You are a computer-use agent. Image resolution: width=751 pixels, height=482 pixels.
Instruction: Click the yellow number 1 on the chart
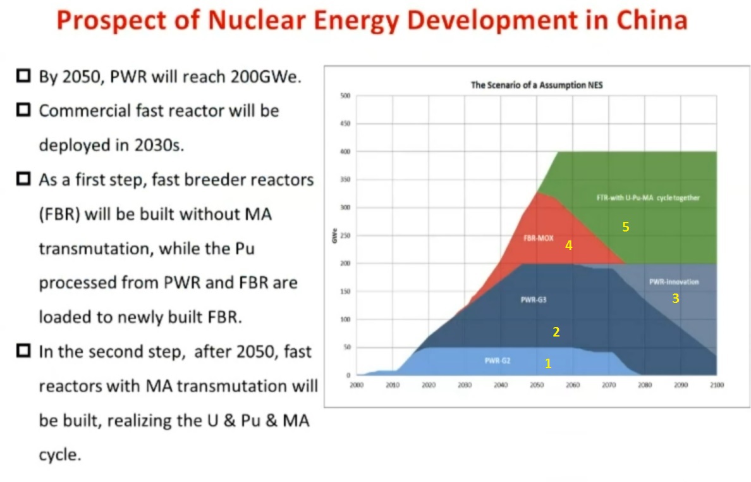tap(548, 364)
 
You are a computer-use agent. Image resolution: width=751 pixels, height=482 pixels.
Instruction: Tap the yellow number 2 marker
tap(556, 331)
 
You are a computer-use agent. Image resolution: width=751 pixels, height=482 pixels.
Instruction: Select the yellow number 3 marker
tap(675, 299)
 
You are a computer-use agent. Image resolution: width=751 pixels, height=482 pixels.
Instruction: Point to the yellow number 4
tap(568, 245)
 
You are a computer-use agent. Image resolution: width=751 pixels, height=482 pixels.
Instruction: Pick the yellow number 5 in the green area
tap(625, 227)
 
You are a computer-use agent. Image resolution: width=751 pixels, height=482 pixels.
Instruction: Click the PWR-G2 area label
tap(498, 361)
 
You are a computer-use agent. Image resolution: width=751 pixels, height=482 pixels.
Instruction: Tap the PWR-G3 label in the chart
tap(534, 300)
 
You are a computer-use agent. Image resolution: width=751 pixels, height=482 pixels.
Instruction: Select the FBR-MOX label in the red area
tap(539, 239)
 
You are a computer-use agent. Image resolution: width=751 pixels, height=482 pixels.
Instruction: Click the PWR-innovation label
tap(674, 282)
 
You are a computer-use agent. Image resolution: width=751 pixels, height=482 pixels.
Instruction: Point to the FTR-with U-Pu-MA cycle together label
tap(648, 198)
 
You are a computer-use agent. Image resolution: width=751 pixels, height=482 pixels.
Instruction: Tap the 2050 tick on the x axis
tap(537, 385)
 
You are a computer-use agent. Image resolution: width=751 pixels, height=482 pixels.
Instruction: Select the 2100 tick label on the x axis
tap(717, 385)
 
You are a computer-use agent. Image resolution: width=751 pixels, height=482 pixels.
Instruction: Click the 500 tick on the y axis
tap(345, 96)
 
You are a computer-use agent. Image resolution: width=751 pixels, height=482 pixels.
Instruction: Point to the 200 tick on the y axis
tap(345, 263)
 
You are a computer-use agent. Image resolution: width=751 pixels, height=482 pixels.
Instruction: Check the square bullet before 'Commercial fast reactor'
tap(23, 110)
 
